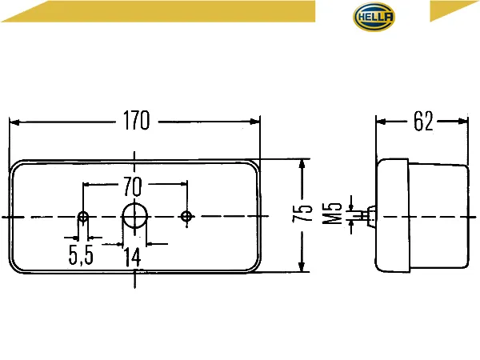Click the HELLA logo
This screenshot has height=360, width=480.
[374, 17]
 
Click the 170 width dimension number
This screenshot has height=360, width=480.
[137, 121]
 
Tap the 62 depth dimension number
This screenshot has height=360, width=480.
[423, 122]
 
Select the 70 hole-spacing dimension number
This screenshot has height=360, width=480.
[133, 186]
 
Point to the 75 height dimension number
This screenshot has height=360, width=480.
[302, 213]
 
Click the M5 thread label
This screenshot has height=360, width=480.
[332, 214]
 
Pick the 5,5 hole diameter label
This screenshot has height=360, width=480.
[81, 255]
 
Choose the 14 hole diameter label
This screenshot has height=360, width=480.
[133, 258]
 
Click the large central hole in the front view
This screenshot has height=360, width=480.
[134, 216]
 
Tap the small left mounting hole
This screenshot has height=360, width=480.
[83, 217]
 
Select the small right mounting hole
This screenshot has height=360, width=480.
[186, 217]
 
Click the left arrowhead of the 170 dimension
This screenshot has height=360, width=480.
[14, 122]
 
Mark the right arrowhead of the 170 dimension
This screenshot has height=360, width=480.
[254, 122]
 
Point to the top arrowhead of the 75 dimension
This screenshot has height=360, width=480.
[302, 165]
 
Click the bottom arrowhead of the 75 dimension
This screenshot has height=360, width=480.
[302, 266]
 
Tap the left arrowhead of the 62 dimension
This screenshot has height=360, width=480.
[381, 122]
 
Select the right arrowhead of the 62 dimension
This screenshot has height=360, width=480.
[463, 122]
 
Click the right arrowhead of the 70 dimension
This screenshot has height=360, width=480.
[184, 184]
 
